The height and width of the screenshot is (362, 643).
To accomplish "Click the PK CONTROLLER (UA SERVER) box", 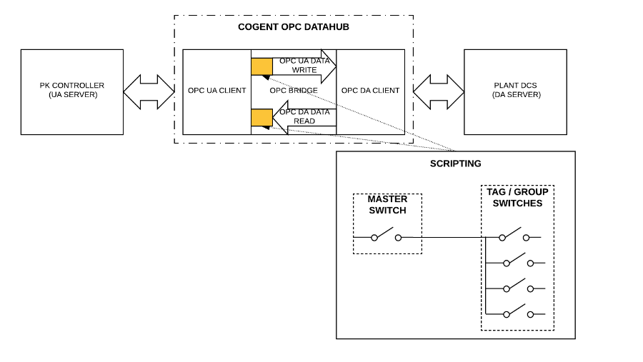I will pyautogui.click(x=71, y=91).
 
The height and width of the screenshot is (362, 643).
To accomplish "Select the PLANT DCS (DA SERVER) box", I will pyautogui.click(x=515, y=91).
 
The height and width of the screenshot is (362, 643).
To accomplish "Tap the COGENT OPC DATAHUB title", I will pyautogui.click(x=293, y=27).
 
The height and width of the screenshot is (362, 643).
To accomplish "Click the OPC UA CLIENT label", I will pyautogui.click(x=216, y=91).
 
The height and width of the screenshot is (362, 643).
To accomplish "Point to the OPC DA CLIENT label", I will pyautogui.click(x=370, y=91).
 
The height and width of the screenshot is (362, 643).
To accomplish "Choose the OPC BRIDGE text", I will pyautogui.click(x=294, y=91).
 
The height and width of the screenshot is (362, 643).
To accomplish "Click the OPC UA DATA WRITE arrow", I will pyautogui.click(x=304, y=66).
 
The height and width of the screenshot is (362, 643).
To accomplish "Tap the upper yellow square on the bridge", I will pyautogui.click(x=261, y=66).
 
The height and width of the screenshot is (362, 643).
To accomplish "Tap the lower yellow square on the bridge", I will pyautogui.click(x=261, y=117).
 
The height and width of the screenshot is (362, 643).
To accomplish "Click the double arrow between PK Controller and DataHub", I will pyautogui.click(x=149, y=91).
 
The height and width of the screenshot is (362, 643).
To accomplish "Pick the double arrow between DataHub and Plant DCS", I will pyautogui.click(x=438, y=91).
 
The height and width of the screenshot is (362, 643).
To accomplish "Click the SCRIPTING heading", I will pyautogui.click(x=455, y=164).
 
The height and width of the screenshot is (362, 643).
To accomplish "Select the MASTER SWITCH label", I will pyautogui.click(x=387, y=204).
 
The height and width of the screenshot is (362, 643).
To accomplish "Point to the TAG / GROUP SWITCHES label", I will pyautogui.click(x=517, y=197).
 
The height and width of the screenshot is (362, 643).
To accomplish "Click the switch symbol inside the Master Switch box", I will pyautogui.click(x=386, y=236).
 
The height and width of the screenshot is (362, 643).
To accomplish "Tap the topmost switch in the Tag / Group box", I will pyautogui.click(x=514, y=236).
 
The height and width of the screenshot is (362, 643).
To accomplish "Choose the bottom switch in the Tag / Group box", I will pyautogui.click(x=518, y=312).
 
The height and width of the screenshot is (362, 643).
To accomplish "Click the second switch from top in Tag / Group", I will pyautogui.click(x=518, y=261).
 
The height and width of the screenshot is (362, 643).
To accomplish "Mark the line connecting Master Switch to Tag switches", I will pyautogui.click(x=450, y=237).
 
